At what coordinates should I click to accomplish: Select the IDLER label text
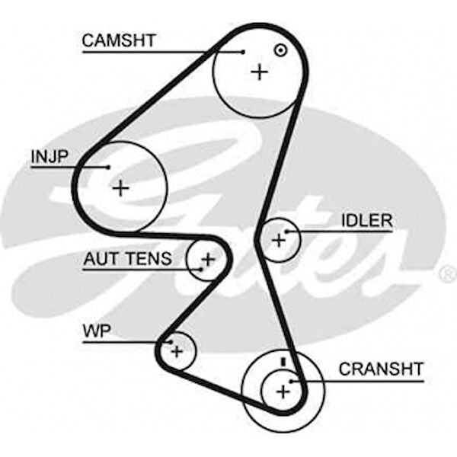tap(366, 221)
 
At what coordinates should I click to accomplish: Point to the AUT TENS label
tap(128, 259)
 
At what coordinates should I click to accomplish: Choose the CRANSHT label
tap(380, 369)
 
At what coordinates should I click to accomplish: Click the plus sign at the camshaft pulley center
tap(260, 72)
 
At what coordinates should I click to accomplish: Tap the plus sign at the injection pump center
tap(121, 187)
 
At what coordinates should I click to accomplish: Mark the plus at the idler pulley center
tap(279, 240)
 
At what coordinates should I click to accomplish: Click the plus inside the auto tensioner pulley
tap(207, 259)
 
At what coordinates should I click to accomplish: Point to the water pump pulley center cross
tap(177, 351)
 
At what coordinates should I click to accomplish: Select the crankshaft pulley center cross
tap(283, 391)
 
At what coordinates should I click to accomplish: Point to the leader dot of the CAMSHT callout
tap(243, 52)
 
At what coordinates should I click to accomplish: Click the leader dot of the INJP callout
tap(108, 168)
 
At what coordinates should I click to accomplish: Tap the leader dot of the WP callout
tap(171, 342)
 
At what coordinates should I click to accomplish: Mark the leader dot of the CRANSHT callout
tap(292, 380)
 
